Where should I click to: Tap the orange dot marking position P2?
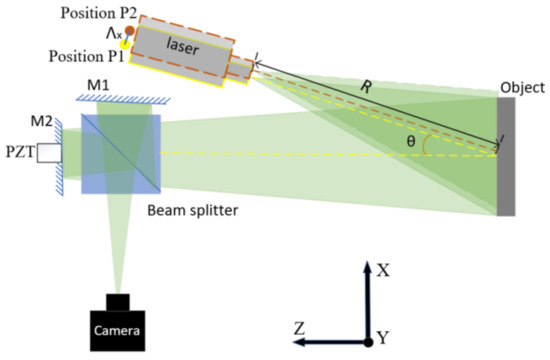coord(129,32)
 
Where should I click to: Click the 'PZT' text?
coord(18,153)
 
